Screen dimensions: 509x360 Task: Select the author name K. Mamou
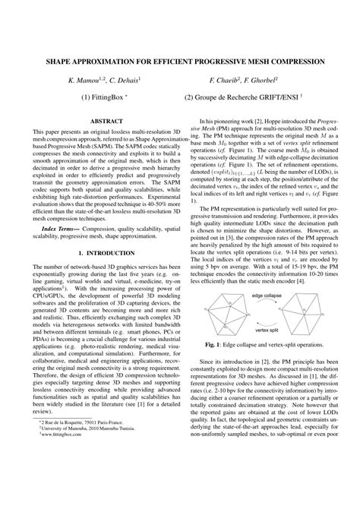[86, 79]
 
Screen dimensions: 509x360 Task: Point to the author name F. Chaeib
[229, 79]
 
